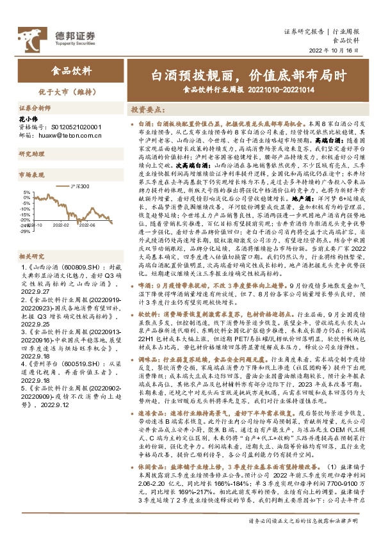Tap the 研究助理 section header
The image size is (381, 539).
pyautogui.click(x=29, y=154)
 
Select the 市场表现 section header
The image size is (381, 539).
pyautogui.click(x=29, y=174)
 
